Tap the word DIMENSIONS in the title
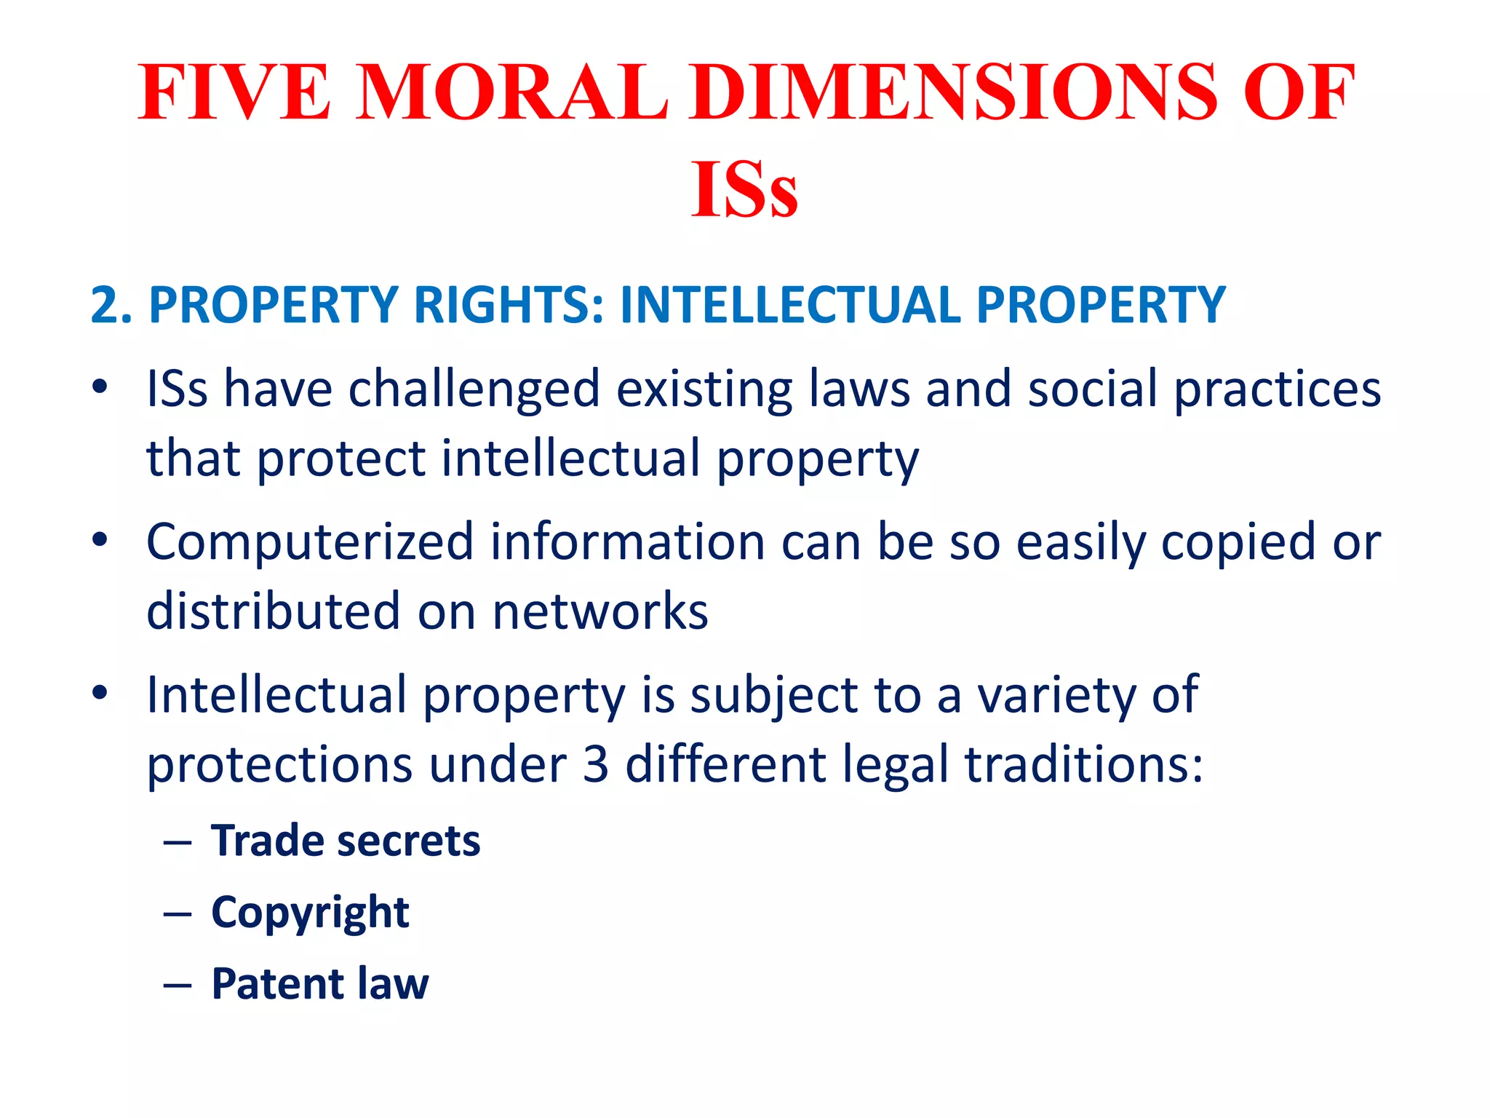[x=954, y=92]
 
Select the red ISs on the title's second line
[x=744, y=190]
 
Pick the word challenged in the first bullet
[x=474, y=389]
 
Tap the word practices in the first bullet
[x=1278, y=389]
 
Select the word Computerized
[x=310, y=543]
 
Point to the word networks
[x=600, y=611]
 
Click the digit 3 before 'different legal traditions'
[x=596, y=765]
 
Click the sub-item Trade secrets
[x=346, y=841]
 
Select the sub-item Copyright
[x=310, y=913]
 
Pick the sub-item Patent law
[x=320, y=984]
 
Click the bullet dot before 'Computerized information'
[x=100, y=540]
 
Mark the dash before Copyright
[x=178, y=914]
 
